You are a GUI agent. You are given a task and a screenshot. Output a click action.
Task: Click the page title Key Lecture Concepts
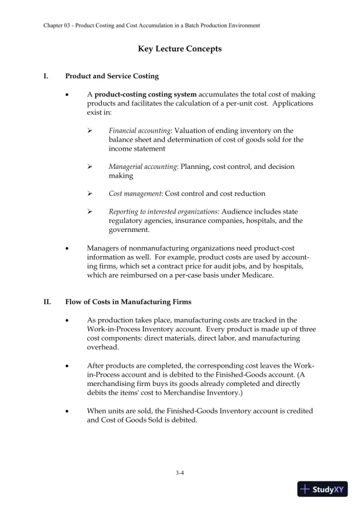click(179, 49)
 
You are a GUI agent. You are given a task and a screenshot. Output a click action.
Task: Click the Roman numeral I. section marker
click(46, 76)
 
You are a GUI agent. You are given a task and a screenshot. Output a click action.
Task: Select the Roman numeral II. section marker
click(48, 302)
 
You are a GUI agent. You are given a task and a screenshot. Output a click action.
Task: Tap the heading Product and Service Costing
click(112, 76)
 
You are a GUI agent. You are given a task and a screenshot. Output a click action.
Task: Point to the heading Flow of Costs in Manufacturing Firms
click(128, 302)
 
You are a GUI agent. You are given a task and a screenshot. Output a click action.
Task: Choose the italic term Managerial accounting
click(143, 167)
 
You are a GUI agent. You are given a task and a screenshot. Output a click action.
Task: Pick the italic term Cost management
click(136, 194)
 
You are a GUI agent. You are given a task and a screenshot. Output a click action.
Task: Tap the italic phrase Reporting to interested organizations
click(164, 212)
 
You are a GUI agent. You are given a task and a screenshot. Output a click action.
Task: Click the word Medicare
click(255, 275)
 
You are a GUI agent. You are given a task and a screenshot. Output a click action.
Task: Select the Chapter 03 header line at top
click(152, 25)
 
